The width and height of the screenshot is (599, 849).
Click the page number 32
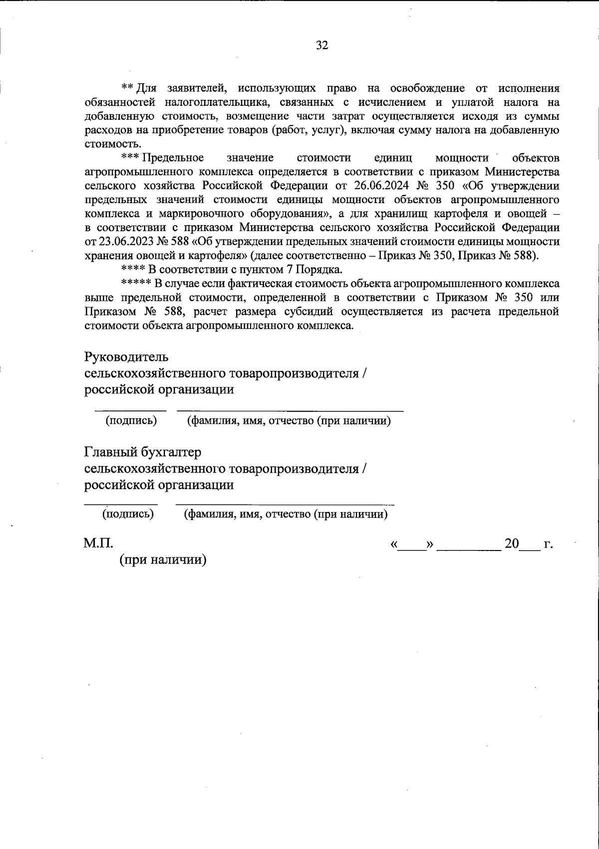tap(322, 45)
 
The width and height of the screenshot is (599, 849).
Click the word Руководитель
tap(127, 357)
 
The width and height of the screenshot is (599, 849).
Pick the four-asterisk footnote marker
tap(133, 270)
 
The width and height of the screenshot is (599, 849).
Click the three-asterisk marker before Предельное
tap(130, 157)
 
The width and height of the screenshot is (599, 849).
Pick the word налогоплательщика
tap(211, 102)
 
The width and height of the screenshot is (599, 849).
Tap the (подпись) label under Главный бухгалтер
tap(128, 514)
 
